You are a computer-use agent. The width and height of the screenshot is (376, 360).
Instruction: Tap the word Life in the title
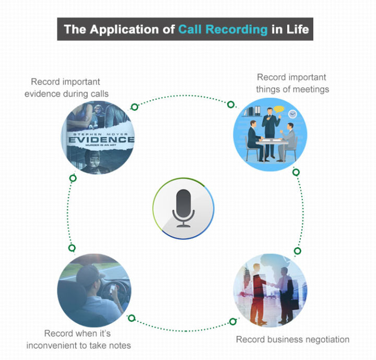pyautogui.click(x=296, y=29)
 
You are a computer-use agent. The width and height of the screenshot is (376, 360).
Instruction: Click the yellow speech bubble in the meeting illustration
pyautogui.click(x=278, y=110)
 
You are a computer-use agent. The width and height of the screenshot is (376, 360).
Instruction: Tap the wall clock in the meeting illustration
pyautogui.click(x=292, y=114)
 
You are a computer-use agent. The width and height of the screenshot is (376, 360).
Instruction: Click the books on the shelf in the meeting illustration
pyautogui.click(x=254, y=111)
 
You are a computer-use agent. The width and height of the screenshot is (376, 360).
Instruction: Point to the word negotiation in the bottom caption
pyautogui.click(x=319, y=340)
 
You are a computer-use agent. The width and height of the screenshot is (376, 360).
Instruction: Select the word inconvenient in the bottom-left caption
pyautogui.click(x=71, y=345)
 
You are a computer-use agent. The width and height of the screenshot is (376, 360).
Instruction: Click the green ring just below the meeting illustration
pyautogui.click(x=296, y=172)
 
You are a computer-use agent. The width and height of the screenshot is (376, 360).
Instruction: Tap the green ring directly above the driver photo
pyautogui.click(x=72, y=248)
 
